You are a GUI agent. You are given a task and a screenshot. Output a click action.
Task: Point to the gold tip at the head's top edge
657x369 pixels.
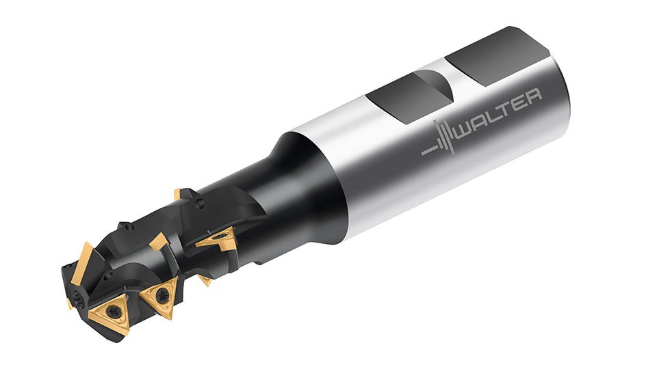[x=177, y=194]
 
